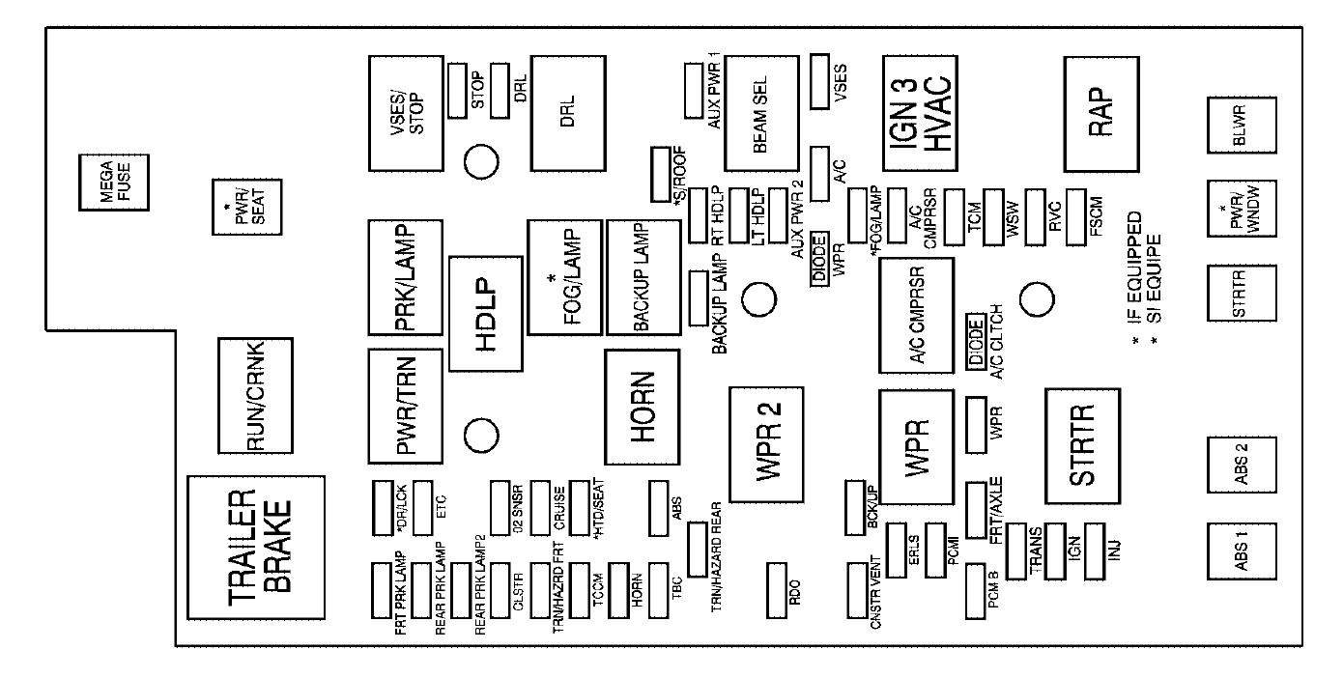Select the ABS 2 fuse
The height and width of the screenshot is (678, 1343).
click(1241, 468)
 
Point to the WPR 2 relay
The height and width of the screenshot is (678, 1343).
click(766, 444)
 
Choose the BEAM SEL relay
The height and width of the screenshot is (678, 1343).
click(760, 113)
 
